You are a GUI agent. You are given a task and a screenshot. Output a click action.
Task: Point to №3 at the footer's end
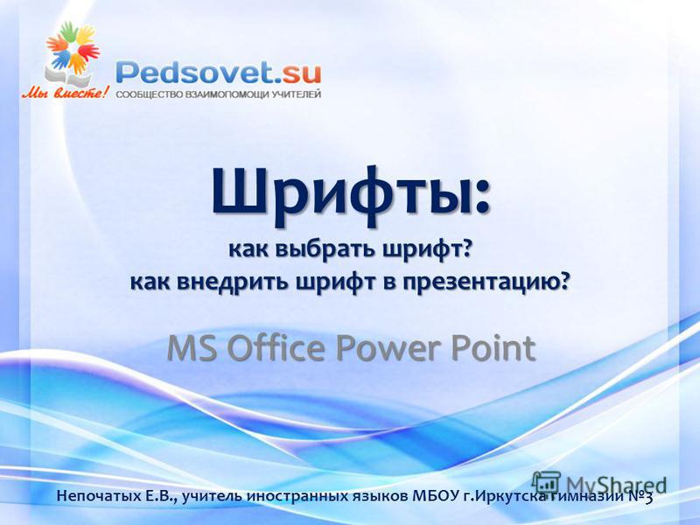[x=640, y=495]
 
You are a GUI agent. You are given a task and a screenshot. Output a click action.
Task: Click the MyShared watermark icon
[x=546, y=484]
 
